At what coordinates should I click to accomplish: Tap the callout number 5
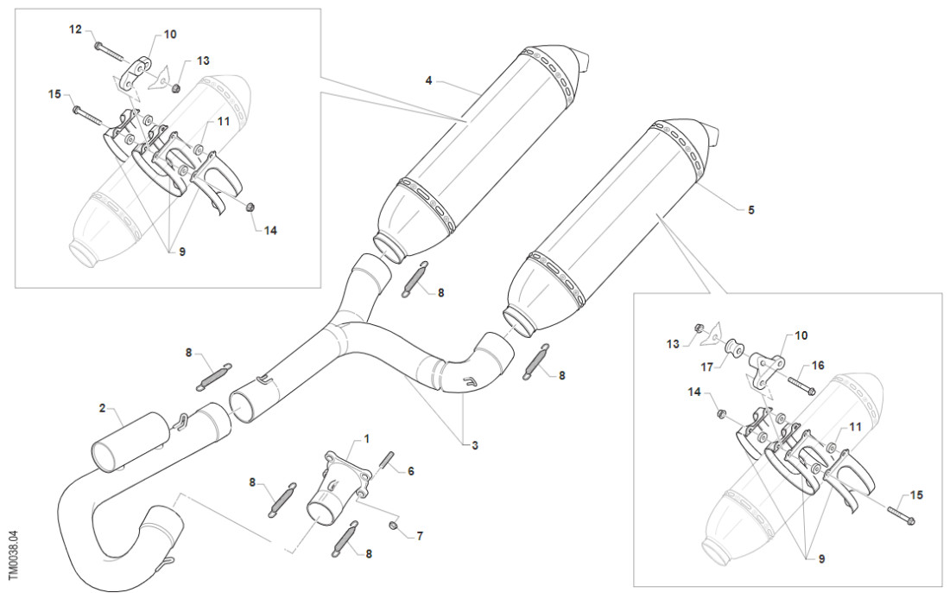(750, 210)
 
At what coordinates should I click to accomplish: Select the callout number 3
(474, 445)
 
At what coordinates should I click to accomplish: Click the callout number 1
(366, 439)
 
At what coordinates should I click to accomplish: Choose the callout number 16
(818, 366)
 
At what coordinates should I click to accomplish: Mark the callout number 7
(420, 536)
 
